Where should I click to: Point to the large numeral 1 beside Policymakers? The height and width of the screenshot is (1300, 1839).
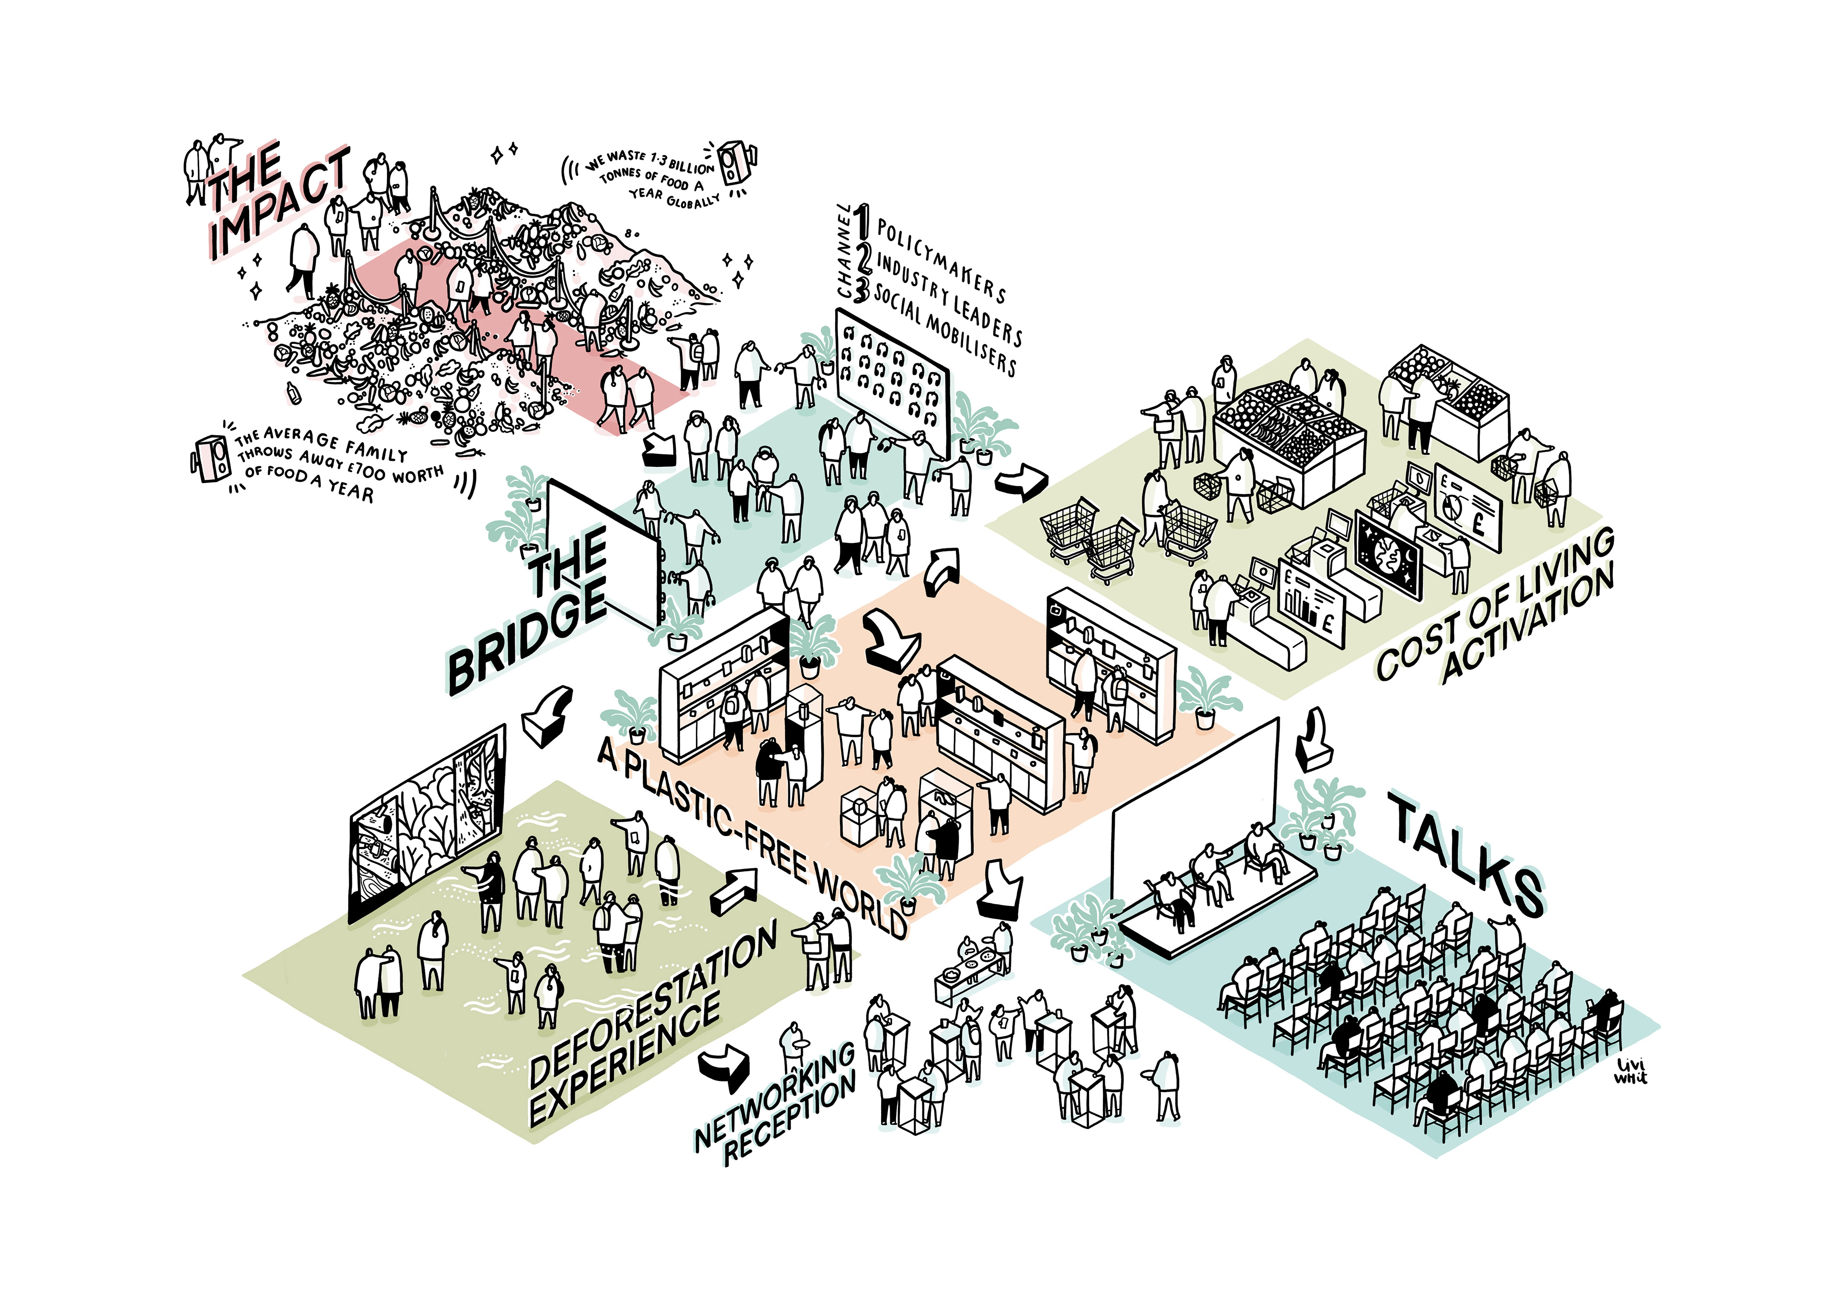click(x=862, y=222)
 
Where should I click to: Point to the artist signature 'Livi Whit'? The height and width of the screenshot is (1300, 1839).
click(x=1629, y=1072)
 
